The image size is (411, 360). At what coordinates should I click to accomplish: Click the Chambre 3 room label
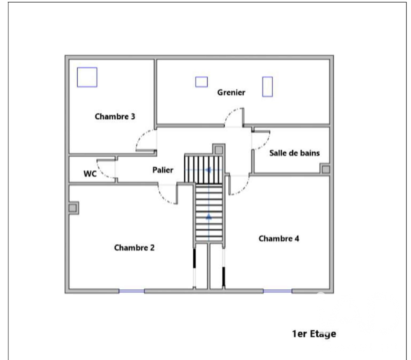115,116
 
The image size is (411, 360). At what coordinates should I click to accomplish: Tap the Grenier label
231,92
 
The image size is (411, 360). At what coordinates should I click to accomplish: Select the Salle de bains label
295,153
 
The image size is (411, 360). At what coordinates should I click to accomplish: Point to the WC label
90,174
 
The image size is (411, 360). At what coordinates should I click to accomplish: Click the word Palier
163,170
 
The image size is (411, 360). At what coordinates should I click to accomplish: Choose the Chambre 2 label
134,247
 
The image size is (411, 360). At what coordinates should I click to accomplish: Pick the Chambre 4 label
279,238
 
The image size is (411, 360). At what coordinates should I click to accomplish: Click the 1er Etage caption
314,334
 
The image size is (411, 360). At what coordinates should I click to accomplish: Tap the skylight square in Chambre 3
87,77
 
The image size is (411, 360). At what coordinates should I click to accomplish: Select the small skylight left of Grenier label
201,82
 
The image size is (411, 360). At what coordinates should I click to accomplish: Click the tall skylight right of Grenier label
268,87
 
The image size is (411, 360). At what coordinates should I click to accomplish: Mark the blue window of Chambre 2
132,291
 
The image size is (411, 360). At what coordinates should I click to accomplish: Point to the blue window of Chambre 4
277,291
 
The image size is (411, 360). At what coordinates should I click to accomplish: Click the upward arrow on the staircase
209,217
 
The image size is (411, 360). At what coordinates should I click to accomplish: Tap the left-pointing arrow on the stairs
208,170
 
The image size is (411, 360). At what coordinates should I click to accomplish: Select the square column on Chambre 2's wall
73,208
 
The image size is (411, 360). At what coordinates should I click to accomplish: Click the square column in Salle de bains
325,169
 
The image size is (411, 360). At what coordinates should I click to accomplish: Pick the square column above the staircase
219,150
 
